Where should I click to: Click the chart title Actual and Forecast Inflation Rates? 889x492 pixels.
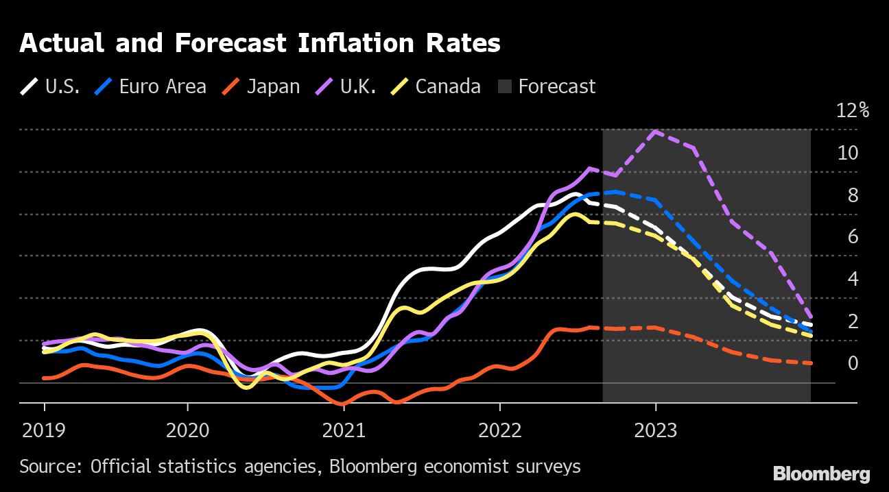pos(259,44)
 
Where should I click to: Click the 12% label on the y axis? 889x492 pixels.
pos(853,110)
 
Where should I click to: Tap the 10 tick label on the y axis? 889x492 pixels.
pos(848,153)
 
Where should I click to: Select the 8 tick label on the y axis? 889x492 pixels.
pos(853,195)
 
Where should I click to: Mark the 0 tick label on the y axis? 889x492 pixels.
pos(853,363)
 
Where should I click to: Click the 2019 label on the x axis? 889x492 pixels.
pos(45,430)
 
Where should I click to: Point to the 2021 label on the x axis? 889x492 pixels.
pos(344,430)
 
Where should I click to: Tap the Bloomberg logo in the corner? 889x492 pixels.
pos(821,473)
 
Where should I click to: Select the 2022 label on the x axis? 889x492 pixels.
pos(499,430)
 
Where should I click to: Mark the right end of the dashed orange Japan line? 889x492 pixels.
pos(811,363)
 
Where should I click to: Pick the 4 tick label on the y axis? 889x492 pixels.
pos(853,279)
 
